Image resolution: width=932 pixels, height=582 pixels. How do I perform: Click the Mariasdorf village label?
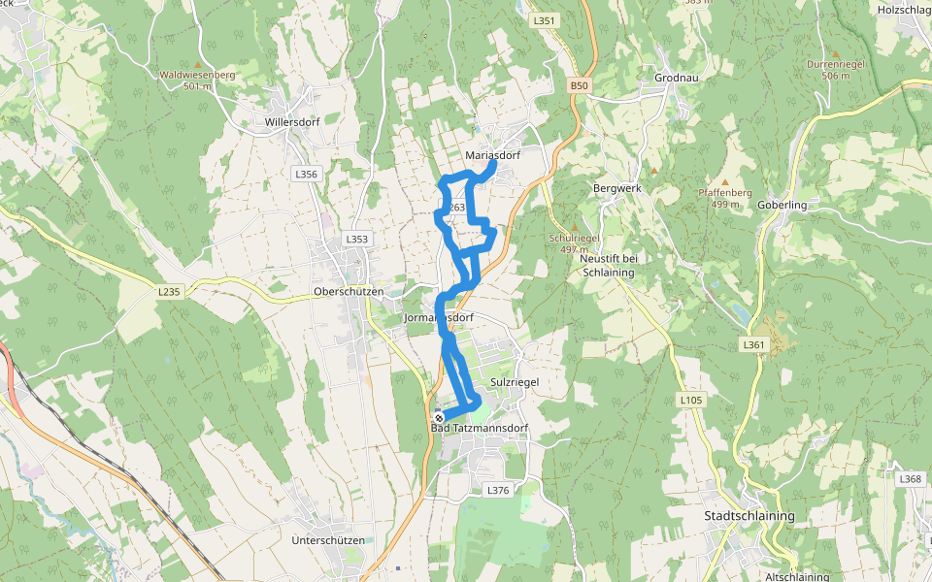tap(494, 155)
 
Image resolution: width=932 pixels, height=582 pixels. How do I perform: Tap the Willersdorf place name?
tap(291, 123)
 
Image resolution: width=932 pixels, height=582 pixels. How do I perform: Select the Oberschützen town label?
tap(349, 292)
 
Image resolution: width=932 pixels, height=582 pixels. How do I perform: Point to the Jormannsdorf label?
tap(438, 318)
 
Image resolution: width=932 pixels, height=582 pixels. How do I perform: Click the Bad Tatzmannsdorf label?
tap(479, 429)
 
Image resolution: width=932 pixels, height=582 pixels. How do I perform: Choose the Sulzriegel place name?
tap(515, 382)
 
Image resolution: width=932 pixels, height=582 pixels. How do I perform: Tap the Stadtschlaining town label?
tap(749, 516)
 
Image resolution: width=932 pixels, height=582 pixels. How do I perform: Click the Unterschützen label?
tap(328, 540)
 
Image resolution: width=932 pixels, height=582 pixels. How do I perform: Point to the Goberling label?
tap(782, 206)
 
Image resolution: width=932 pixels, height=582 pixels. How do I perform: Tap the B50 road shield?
tap(580, 86)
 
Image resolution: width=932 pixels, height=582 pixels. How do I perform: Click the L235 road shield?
tap(170, 291)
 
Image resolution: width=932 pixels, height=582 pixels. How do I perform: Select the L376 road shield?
tap(497, 491)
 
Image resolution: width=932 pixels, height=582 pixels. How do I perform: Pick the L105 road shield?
tap(690, 400)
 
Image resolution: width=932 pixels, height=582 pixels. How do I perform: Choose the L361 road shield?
tap(753, 344)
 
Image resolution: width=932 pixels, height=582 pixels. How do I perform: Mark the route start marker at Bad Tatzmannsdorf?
tap(439, 417)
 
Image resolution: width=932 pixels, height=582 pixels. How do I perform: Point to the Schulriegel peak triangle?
tap(573, 227)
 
